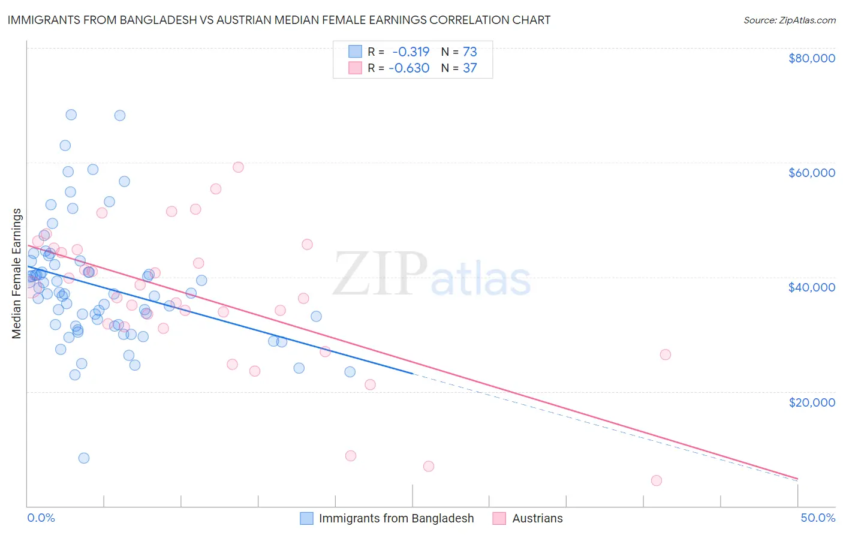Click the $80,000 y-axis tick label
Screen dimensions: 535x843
point(811,58)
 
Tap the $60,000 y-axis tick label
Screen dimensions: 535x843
point(811,173)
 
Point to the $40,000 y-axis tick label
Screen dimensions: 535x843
point(811,287)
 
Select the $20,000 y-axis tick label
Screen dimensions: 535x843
point(811,402)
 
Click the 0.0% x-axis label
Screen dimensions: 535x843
point(41,518)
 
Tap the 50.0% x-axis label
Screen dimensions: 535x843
point(817,518)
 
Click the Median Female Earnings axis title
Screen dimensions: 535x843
point(17,273)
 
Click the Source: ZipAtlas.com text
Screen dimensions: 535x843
point(789,20)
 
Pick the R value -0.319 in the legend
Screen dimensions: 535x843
point(411,52)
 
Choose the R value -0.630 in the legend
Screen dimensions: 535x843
point(409,68)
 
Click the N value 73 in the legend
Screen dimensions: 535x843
point(469,52)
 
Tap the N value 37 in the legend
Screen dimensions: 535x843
point(469,68)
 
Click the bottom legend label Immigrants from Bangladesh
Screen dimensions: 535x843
point(396,519)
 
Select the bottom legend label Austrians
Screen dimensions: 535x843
point(537,519)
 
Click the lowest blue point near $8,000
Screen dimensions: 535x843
point(84,458)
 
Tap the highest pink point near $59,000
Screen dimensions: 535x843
point(238,167)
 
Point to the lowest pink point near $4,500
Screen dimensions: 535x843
point(657,480)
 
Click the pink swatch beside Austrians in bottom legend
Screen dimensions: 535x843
point(499,519)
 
